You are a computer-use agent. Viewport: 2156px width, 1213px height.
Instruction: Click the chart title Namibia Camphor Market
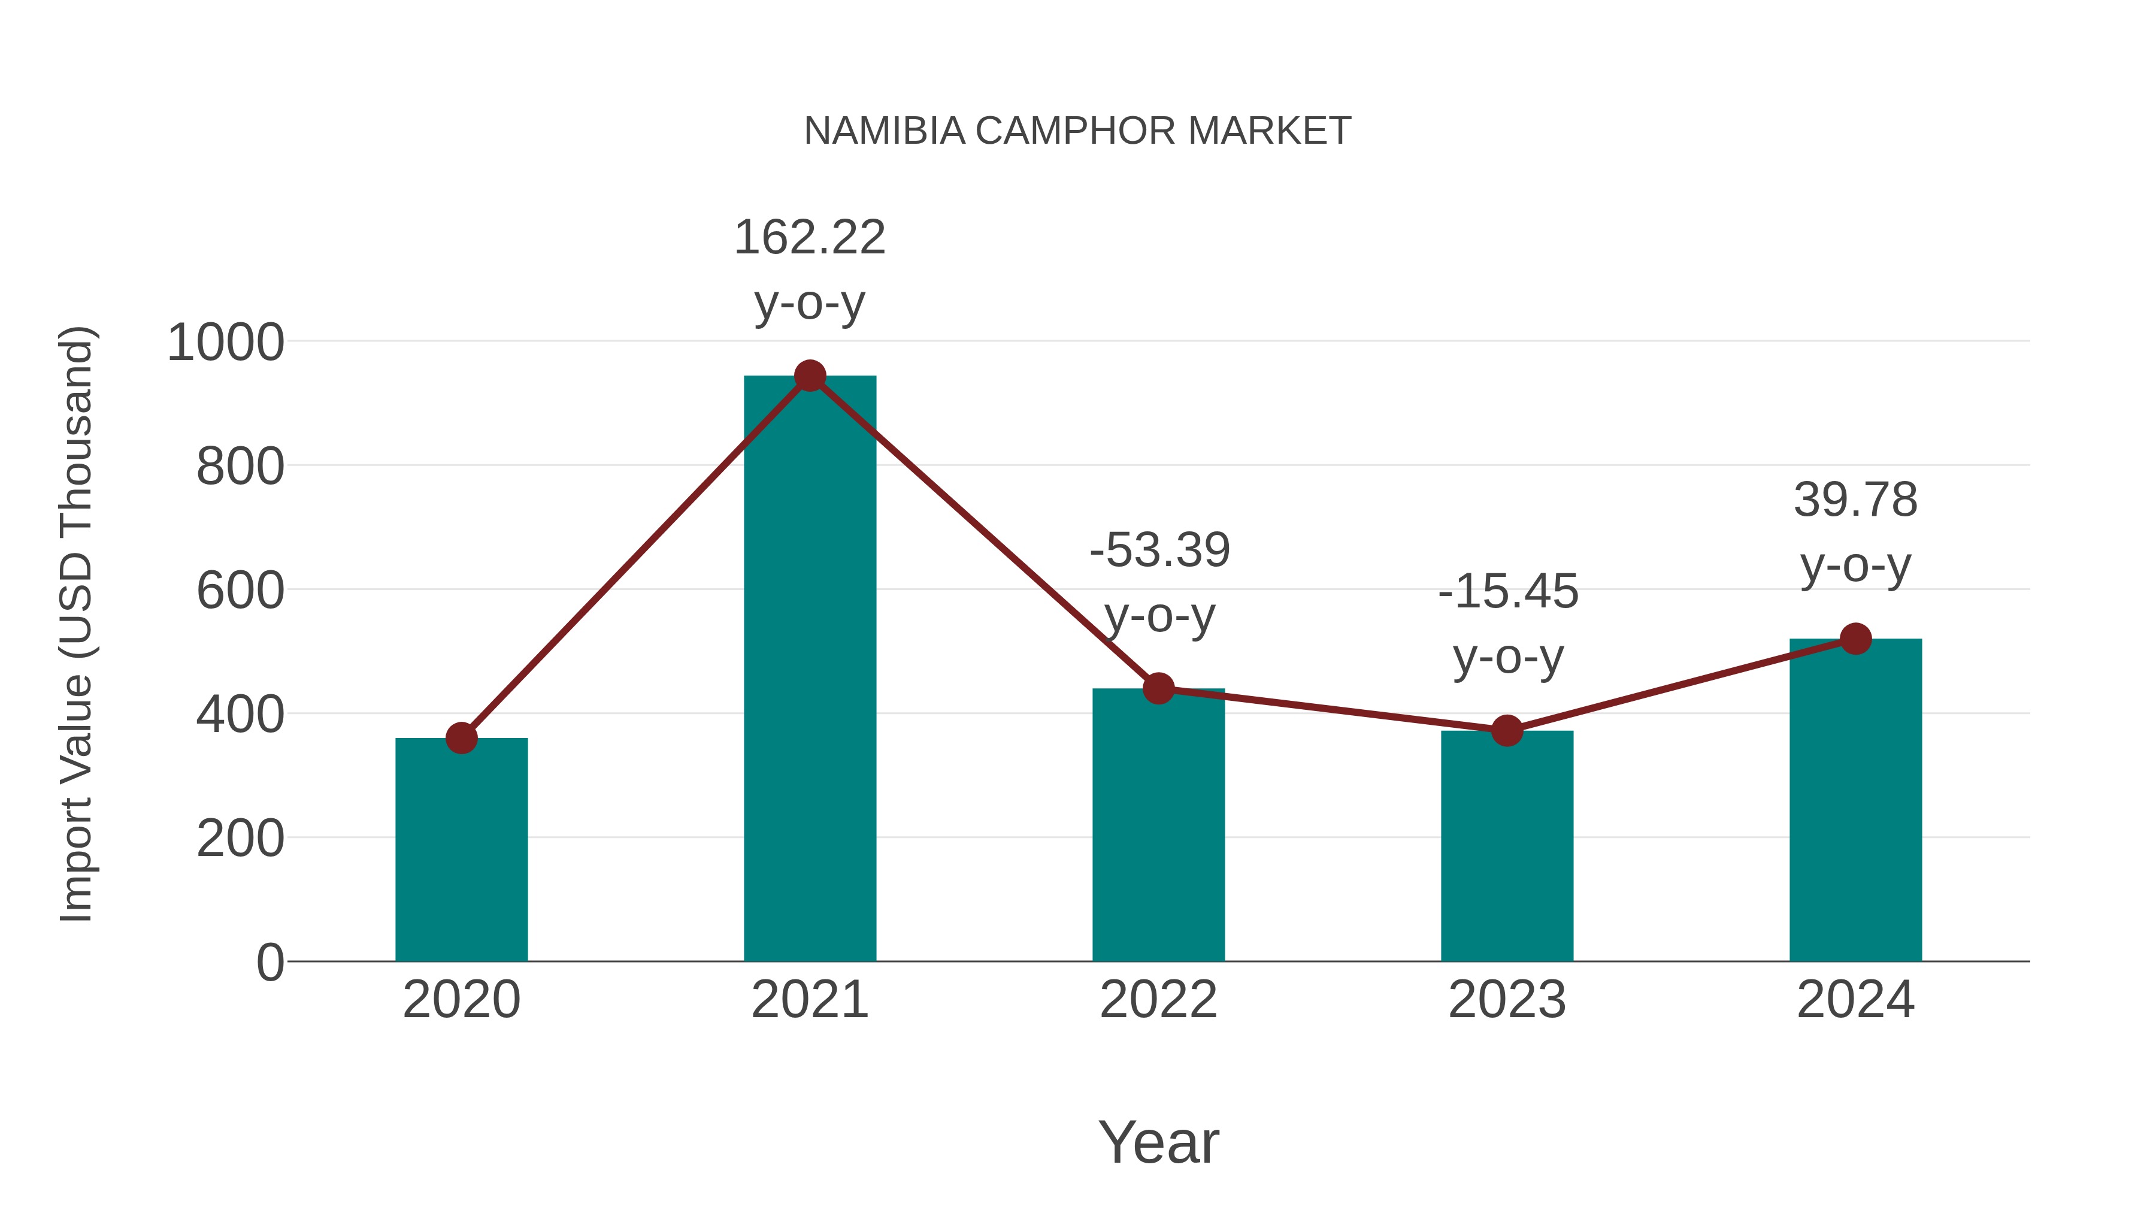point(1077,131)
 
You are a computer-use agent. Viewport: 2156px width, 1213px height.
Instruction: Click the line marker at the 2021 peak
point(809,376)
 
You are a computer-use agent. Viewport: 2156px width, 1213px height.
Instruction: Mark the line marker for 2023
point(1507,731)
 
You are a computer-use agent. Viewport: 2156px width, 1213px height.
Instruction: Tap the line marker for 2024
point(1855,639)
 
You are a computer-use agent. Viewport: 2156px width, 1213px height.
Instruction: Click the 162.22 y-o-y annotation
point(809,270)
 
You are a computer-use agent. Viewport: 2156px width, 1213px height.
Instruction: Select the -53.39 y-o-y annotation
point(1160,583)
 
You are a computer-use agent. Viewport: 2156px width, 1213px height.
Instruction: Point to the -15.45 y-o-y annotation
point(1508,625)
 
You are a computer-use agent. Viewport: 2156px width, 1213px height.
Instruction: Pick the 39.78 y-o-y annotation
point(1855,533)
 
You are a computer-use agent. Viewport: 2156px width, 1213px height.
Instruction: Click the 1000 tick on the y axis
point(225,343)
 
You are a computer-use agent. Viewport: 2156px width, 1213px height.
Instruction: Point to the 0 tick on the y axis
point(269,962)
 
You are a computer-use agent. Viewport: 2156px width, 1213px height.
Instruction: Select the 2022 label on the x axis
point(1158,1000)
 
